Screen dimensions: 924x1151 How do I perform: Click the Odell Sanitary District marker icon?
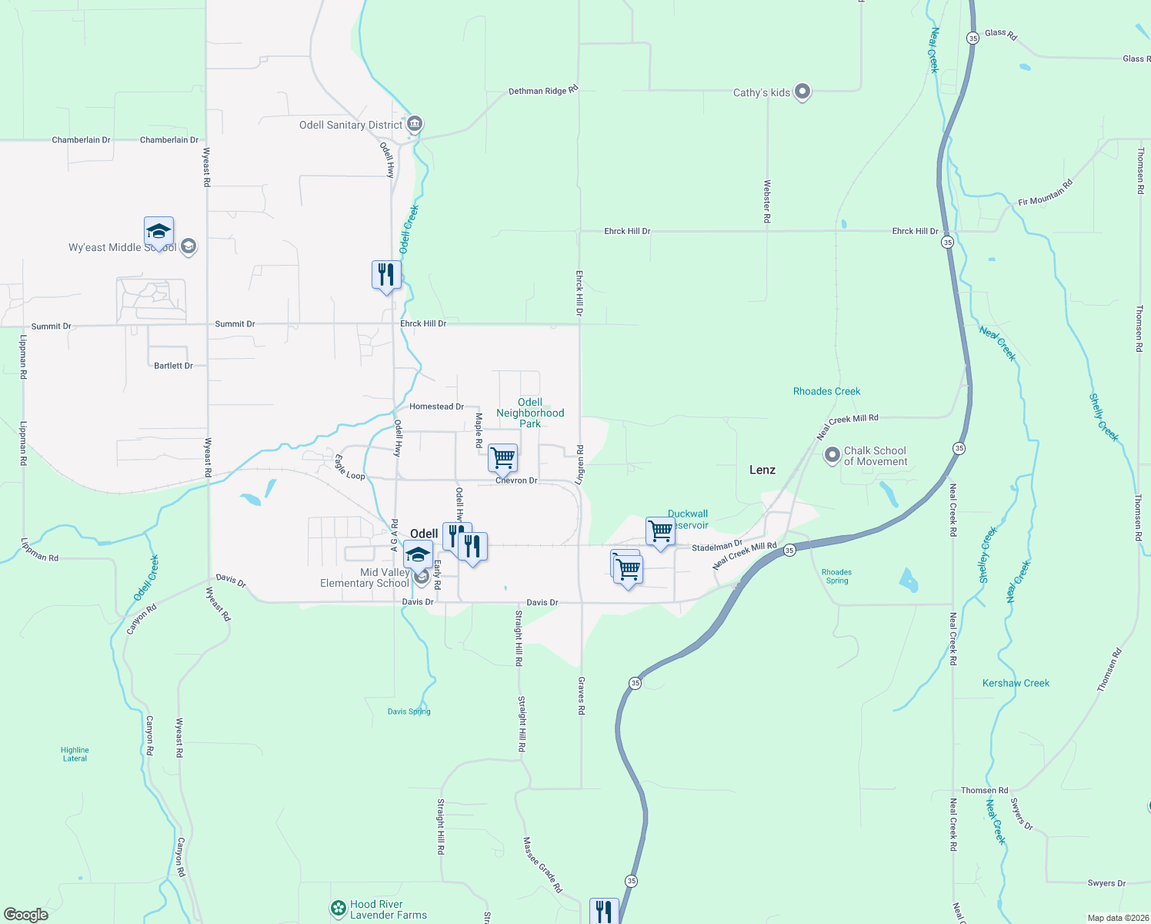(415, 124)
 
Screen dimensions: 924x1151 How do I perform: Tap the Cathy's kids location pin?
(802, 92)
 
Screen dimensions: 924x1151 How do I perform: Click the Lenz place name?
(762, 470)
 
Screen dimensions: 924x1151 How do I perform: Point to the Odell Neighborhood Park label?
(530, 413)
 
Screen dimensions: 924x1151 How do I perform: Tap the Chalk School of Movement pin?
(832, 456)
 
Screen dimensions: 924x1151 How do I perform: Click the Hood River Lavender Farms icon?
(338, 909)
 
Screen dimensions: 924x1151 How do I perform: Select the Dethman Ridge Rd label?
(543, 91)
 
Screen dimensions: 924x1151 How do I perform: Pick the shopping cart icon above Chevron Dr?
(502, 458)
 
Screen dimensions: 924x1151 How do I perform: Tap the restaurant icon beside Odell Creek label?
(386, 275)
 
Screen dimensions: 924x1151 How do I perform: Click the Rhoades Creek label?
(826, 391)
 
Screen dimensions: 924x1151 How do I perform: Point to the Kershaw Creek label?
(1016, 683)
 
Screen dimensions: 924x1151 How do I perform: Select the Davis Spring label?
(409, 711)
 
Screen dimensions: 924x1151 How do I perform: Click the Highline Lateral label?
(75, 754)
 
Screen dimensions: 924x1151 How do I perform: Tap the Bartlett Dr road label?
(173, 366)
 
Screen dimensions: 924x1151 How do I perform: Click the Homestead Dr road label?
(436, 407)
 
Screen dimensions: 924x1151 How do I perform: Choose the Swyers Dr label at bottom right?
(1106, 883)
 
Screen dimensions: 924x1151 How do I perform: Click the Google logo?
(26, 915)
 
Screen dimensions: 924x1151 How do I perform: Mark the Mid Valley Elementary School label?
(365, 577)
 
